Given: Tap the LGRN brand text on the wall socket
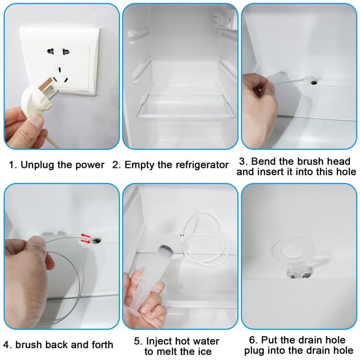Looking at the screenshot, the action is click(x=82, y=91).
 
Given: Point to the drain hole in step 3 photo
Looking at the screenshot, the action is click(x=314, y=82).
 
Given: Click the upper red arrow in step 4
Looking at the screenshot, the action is click(x=85, y=235).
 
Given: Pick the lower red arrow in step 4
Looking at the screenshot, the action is click(x=86, y=241).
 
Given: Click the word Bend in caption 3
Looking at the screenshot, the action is click(x=264, y=162).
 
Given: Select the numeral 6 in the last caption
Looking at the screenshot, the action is click(x=252, y=340).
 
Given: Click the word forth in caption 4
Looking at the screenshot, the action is click(x=103, y=345).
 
